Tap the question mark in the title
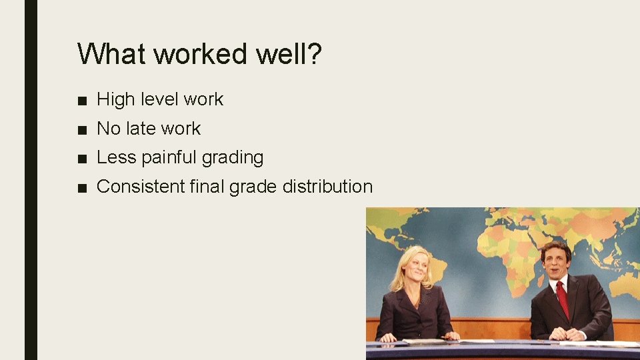(x=313, y=53)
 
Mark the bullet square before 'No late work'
(x=81, y=129)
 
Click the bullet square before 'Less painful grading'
(x=81, y=158)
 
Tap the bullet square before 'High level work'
(x=81, y=100)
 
